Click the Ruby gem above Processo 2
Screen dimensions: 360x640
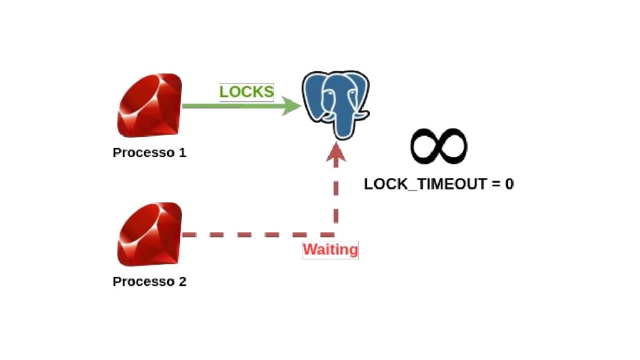149,234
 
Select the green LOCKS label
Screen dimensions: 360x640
246,92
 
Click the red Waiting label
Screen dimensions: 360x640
331,250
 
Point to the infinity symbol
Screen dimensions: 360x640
439,146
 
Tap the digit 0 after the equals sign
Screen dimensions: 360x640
509,184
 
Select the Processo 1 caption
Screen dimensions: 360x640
149,152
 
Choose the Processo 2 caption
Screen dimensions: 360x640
149,282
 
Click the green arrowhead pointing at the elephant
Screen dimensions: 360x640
291,106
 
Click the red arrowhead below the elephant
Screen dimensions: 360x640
336,152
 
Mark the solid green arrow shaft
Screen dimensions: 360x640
231,106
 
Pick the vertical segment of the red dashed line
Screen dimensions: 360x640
336,194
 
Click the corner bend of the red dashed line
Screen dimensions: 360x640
336,234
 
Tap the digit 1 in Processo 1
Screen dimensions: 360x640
182,152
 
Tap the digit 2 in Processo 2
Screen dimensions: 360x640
182,282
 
